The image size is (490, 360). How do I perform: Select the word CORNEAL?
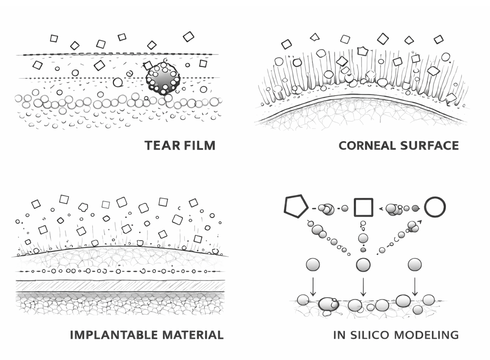pos(367,146)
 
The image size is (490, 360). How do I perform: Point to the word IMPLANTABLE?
pos(114,335)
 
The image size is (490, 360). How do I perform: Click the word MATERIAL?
pos(193,335)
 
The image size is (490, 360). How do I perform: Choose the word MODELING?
pos(426,335)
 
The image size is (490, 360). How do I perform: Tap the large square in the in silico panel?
pos(364,207)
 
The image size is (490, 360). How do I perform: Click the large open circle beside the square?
pos(435,207)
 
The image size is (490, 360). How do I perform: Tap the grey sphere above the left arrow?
pos(313,265)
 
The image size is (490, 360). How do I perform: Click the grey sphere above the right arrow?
pos(414,265)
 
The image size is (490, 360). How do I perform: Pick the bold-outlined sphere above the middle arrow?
pos(363,265)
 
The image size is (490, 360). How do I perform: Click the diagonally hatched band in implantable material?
pos(121,286)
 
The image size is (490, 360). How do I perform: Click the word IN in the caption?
pos(339,335)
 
